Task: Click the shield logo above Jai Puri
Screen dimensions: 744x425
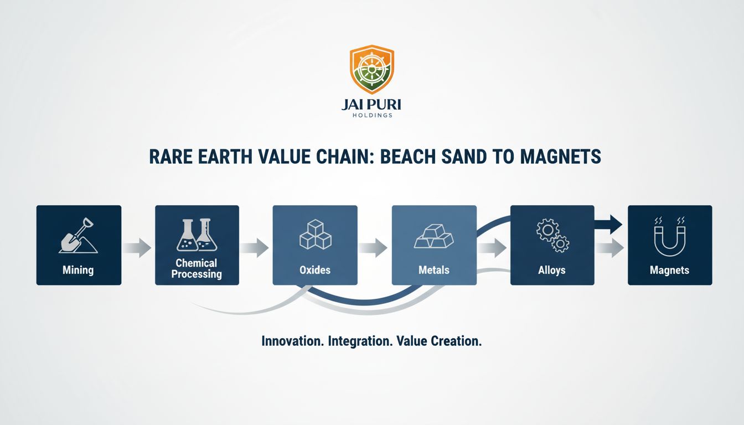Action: tap(371, 69)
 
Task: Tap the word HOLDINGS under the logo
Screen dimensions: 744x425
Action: tap(372, 116)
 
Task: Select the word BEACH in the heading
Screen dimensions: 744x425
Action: tap(407, 157)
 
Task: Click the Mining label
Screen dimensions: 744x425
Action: tap(78, 270)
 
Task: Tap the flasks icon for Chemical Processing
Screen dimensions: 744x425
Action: tap(197, 235)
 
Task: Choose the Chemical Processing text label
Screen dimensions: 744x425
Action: tap(197, 268)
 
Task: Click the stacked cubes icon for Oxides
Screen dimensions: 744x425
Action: tap(315, 235)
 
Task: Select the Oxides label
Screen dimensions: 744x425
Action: tap(315, 270)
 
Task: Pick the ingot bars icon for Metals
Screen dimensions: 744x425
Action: tap(434, 236)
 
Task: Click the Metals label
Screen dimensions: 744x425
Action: tap(434, 270)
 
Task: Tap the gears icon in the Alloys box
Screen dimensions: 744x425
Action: tap(552, 235)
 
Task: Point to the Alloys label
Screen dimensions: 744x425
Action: tap(552, 270)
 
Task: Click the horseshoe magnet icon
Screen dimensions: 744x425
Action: tap(670, 237)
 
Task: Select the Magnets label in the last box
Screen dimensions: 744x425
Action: tap(670, 270)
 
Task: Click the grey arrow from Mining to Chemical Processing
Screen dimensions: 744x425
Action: tap(137, 248)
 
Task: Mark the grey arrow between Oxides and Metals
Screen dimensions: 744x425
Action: tap(373, 248)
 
